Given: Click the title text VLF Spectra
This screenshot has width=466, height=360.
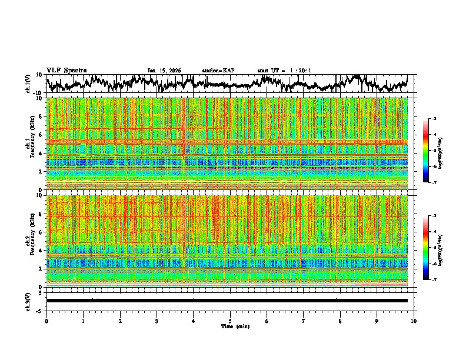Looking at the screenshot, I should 66,70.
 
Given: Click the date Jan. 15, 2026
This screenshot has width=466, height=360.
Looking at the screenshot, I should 164,71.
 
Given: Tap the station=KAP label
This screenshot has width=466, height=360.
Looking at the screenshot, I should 218,71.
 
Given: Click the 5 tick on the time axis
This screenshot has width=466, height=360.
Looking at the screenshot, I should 230,321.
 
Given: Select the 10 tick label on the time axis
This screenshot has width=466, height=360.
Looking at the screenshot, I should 414,321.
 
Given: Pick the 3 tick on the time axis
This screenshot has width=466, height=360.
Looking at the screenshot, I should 157,321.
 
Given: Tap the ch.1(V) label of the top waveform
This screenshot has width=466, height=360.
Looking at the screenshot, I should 28,84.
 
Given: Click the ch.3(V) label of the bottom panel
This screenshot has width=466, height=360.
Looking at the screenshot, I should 28,301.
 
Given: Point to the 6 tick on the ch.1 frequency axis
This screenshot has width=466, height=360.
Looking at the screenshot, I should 40,135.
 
